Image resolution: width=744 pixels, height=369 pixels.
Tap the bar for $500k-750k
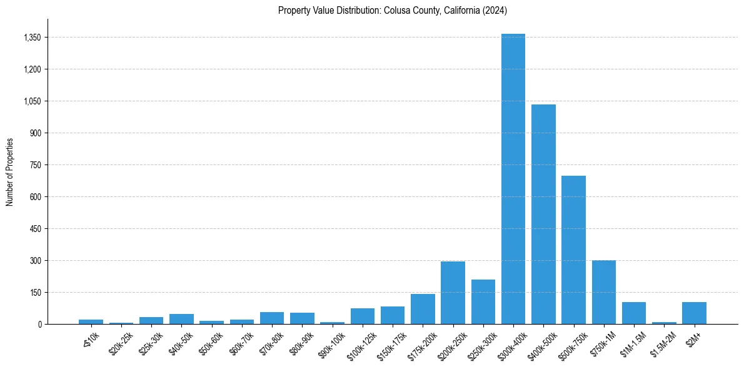tap(573, 250)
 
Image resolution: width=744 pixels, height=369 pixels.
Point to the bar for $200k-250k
tap(453, 293)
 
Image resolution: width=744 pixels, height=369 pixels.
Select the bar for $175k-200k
tap(423, 309)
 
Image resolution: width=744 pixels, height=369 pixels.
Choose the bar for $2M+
tap(695, 313)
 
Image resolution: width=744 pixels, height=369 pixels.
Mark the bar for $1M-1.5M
tap(634, 313)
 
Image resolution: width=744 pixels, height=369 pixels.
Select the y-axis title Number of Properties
tap(10, 171)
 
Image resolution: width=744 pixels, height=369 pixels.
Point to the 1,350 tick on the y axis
tap(32, 38)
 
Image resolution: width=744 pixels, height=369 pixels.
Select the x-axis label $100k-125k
tap(361, 341)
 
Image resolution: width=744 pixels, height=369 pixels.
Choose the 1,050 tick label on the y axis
tap(32, 101)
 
